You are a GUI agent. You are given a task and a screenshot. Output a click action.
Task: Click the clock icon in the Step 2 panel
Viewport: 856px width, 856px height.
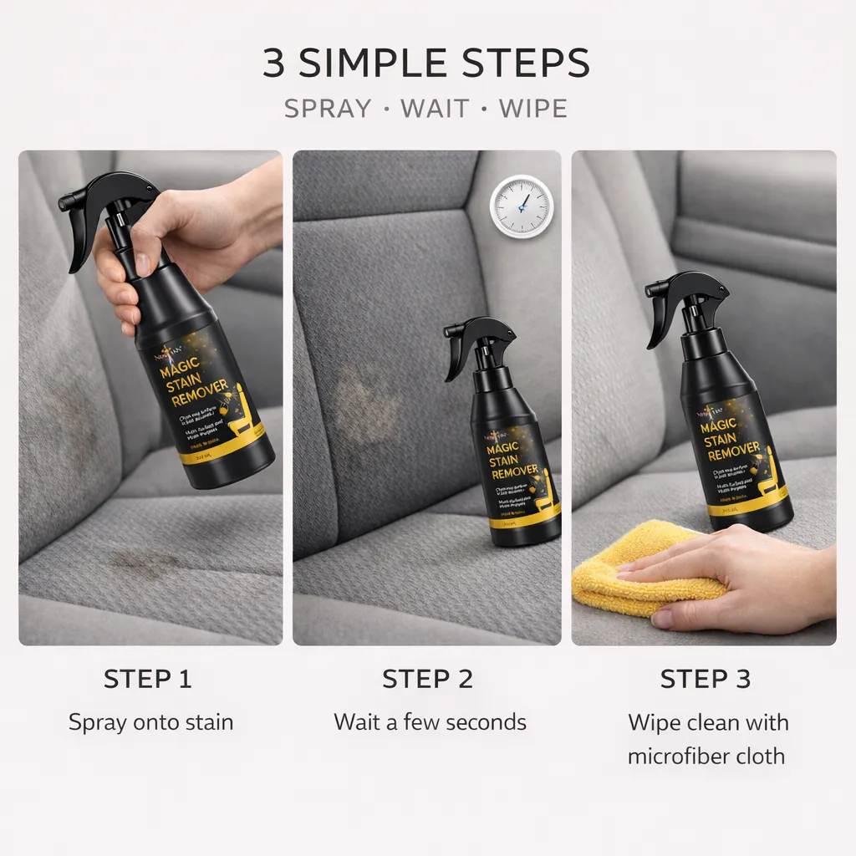(x=521, y=206)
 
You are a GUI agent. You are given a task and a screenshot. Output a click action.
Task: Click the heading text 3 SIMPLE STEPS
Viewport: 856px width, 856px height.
(x=427, y=64)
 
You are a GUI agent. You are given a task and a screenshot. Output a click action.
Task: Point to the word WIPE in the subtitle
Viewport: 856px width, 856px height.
(x=532, y=109)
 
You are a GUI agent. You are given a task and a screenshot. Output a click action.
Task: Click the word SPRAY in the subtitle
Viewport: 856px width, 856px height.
(x=327, y=109)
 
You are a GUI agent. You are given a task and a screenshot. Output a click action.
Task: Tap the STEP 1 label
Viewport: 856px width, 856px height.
(x=148, y=679)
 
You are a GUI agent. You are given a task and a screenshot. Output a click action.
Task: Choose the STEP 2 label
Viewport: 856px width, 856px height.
(x=427, y=679)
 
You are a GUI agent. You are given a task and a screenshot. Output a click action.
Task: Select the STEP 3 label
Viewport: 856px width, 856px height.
(x=705, y=679)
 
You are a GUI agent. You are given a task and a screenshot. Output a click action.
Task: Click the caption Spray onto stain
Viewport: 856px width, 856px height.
(x=150, y=722)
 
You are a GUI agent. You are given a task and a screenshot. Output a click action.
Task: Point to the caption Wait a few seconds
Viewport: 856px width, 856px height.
(x=430, y=722)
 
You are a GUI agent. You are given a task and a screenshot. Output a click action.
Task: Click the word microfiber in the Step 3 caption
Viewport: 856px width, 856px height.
(x=675, y=757)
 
